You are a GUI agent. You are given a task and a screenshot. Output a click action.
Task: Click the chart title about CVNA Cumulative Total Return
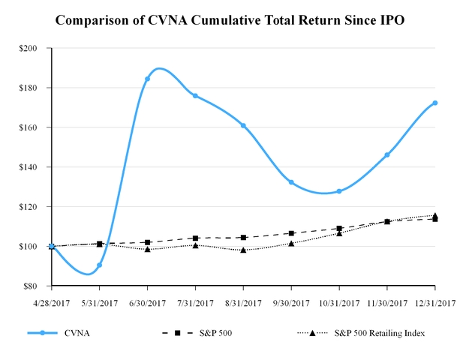click(x=230, y=19)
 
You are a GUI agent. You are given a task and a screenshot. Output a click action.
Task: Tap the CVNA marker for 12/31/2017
click(x=435, y=103)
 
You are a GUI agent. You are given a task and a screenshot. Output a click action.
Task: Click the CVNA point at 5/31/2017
click(x=99, y=265)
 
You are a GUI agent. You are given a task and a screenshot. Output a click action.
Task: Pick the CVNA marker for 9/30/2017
click(x=291, y=182)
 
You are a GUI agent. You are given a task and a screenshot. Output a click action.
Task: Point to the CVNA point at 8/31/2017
click(x=243, y=125)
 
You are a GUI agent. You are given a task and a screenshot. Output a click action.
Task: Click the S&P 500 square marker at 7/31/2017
click(x=195, y=238)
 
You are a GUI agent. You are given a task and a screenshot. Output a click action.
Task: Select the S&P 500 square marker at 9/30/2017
click(x=291, y=233)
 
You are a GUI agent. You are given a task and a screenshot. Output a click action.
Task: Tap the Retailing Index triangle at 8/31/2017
click(x=243, y=250)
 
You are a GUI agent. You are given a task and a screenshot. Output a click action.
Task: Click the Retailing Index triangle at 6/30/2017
click(x=147, y=248)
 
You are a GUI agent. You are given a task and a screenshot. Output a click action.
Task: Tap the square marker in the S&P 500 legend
click(x=176, y=333)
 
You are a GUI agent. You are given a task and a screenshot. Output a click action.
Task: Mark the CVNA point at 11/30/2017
click(x=387, y=154)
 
